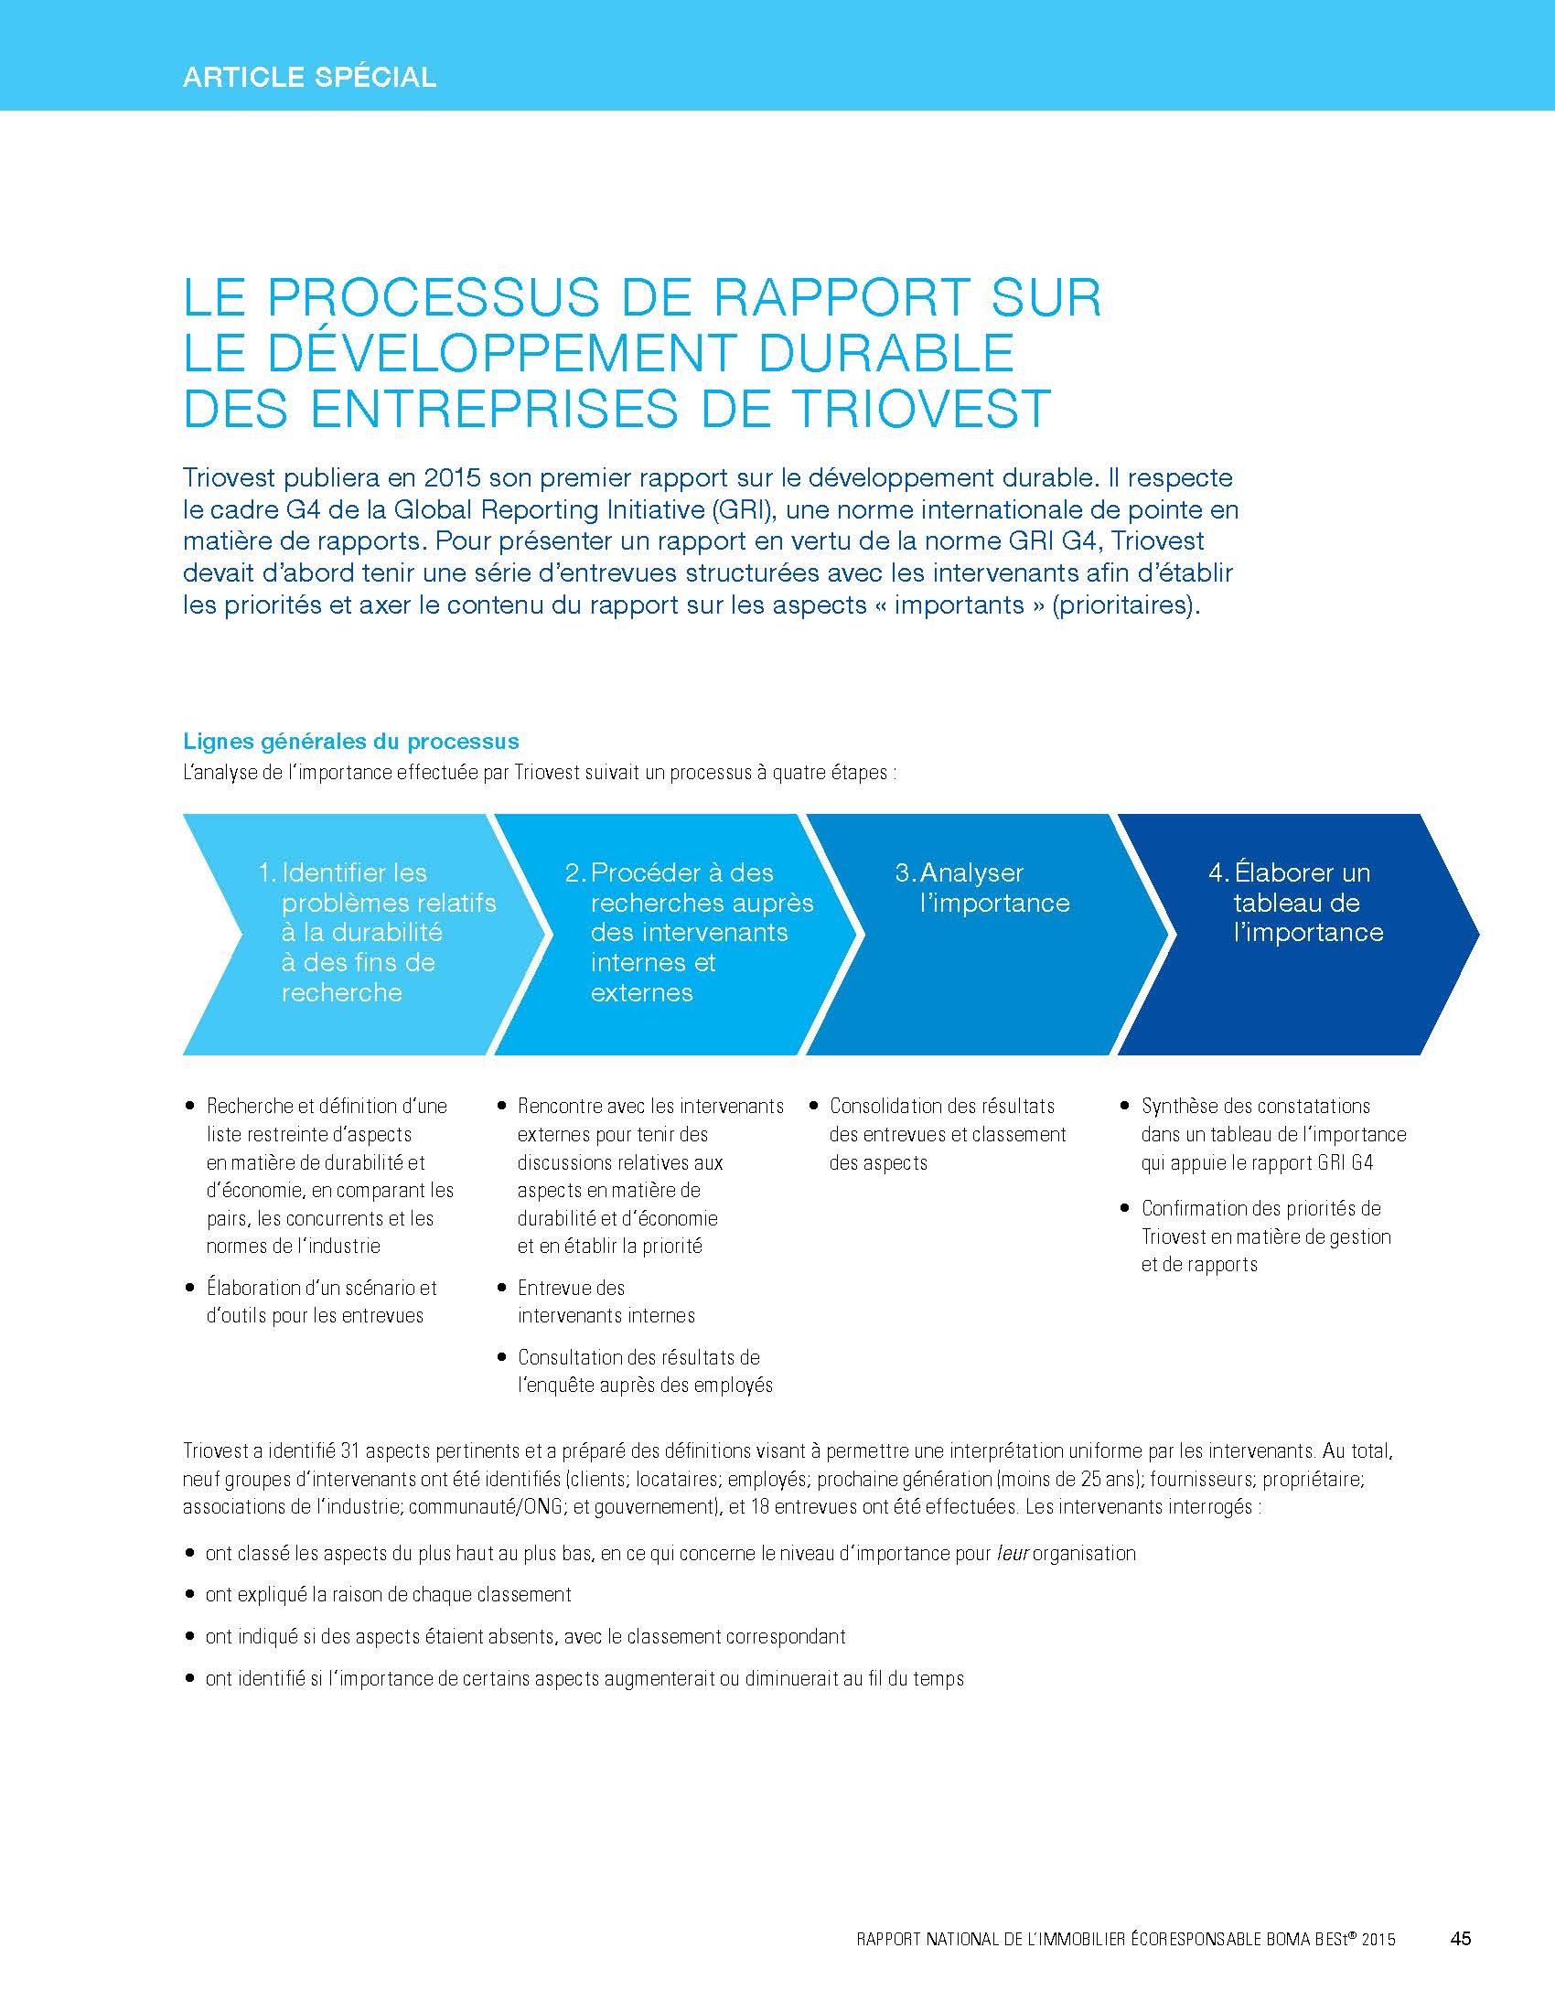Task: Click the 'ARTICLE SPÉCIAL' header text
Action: [309, 77]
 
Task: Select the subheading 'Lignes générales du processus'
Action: [351, 742]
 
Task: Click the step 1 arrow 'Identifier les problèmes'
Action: [359, 932]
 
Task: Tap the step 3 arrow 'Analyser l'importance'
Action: [986, 932]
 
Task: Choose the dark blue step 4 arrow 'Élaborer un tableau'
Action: [1294, 932]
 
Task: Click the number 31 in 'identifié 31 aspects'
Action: [350, 1451]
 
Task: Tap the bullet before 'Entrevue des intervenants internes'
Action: [502, 1287]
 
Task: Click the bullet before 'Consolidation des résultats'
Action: [813, 1106]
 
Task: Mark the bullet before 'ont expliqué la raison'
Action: [189, 1595]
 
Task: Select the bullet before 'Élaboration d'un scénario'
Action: [189, 1287]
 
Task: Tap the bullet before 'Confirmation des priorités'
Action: [1125, 1208]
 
